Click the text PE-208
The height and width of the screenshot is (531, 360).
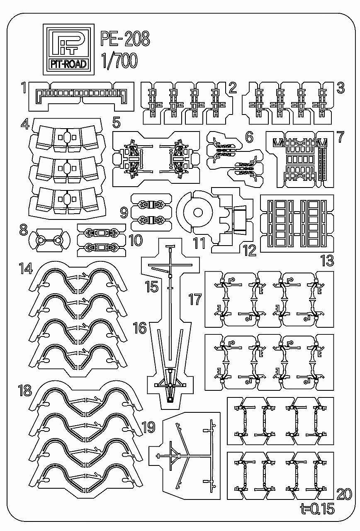[x=125, y=40]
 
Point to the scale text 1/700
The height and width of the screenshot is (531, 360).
[x=119, y=61]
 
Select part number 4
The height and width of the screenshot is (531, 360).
[x=25, y=124]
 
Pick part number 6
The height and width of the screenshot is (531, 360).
[x=249, y=137]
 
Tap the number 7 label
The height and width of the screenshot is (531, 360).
[x=340, y=137]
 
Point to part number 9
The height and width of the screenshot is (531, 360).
[x=124, y=213]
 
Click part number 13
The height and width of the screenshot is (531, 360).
[x=327, y=261]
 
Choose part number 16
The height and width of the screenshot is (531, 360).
[x=140, y=329]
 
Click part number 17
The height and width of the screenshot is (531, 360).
[x=195, y=299]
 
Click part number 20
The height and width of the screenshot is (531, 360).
[x=344, y=494]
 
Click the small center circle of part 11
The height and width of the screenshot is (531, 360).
[x=198, y=213]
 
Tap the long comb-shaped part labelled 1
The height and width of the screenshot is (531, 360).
[x=81, y=92]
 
